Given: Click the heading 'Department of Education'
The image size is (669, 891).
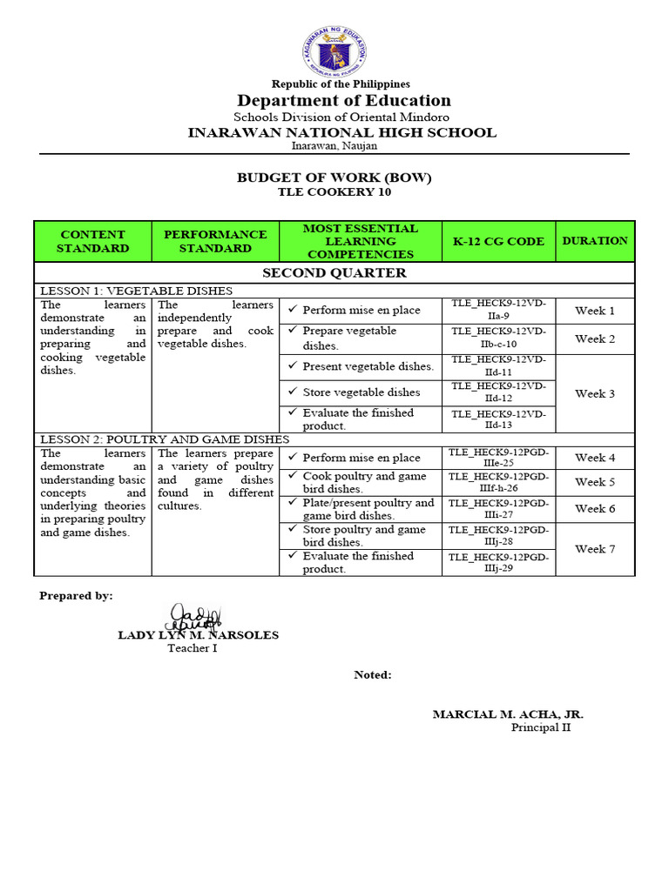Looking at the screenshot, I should [x=341, y=100].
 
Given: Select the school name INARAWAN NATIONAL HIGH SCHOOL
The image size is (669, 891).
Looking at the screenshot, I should [x=342, y=132].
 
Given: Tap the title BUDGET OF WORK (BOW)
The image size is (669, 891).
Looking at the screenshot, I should [x=334, y=178].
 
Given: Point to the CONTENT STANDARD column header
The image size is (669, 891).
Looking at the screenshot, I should [x=92, y=241].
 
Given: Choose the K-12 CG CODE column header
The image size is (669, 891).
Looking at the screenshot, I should [x=498, y=241].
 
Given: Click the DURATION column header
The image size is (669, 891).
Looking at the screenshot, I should [x=595, y=240].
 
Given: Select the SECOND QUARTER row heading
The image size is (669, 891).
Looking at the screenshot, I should [x=334, y=272].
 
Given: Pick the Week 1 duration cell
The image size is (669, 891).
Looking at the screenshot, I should [x=595, y=311].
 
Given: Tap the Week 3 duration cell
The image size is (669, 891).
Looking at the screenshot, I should [x=595, y=393].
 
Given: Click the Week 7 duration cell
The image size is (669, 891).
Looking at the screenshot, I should [x=595, y=549].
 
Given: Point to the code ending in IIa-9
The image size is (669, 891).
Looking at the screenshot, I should [x=498, y=310].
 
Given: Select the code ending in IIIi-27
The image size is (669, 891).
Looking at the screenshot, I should [x=498, y=509].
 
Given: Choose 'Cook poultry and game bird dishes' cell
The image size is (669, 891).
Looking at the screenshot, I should [x=363, y=482].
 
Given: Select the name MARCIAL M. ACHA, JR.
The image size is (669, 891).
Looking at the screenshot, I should [x=508, y=714].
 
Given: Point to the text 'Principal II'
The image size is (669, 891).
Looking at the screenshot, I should [x=540, y=727].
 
